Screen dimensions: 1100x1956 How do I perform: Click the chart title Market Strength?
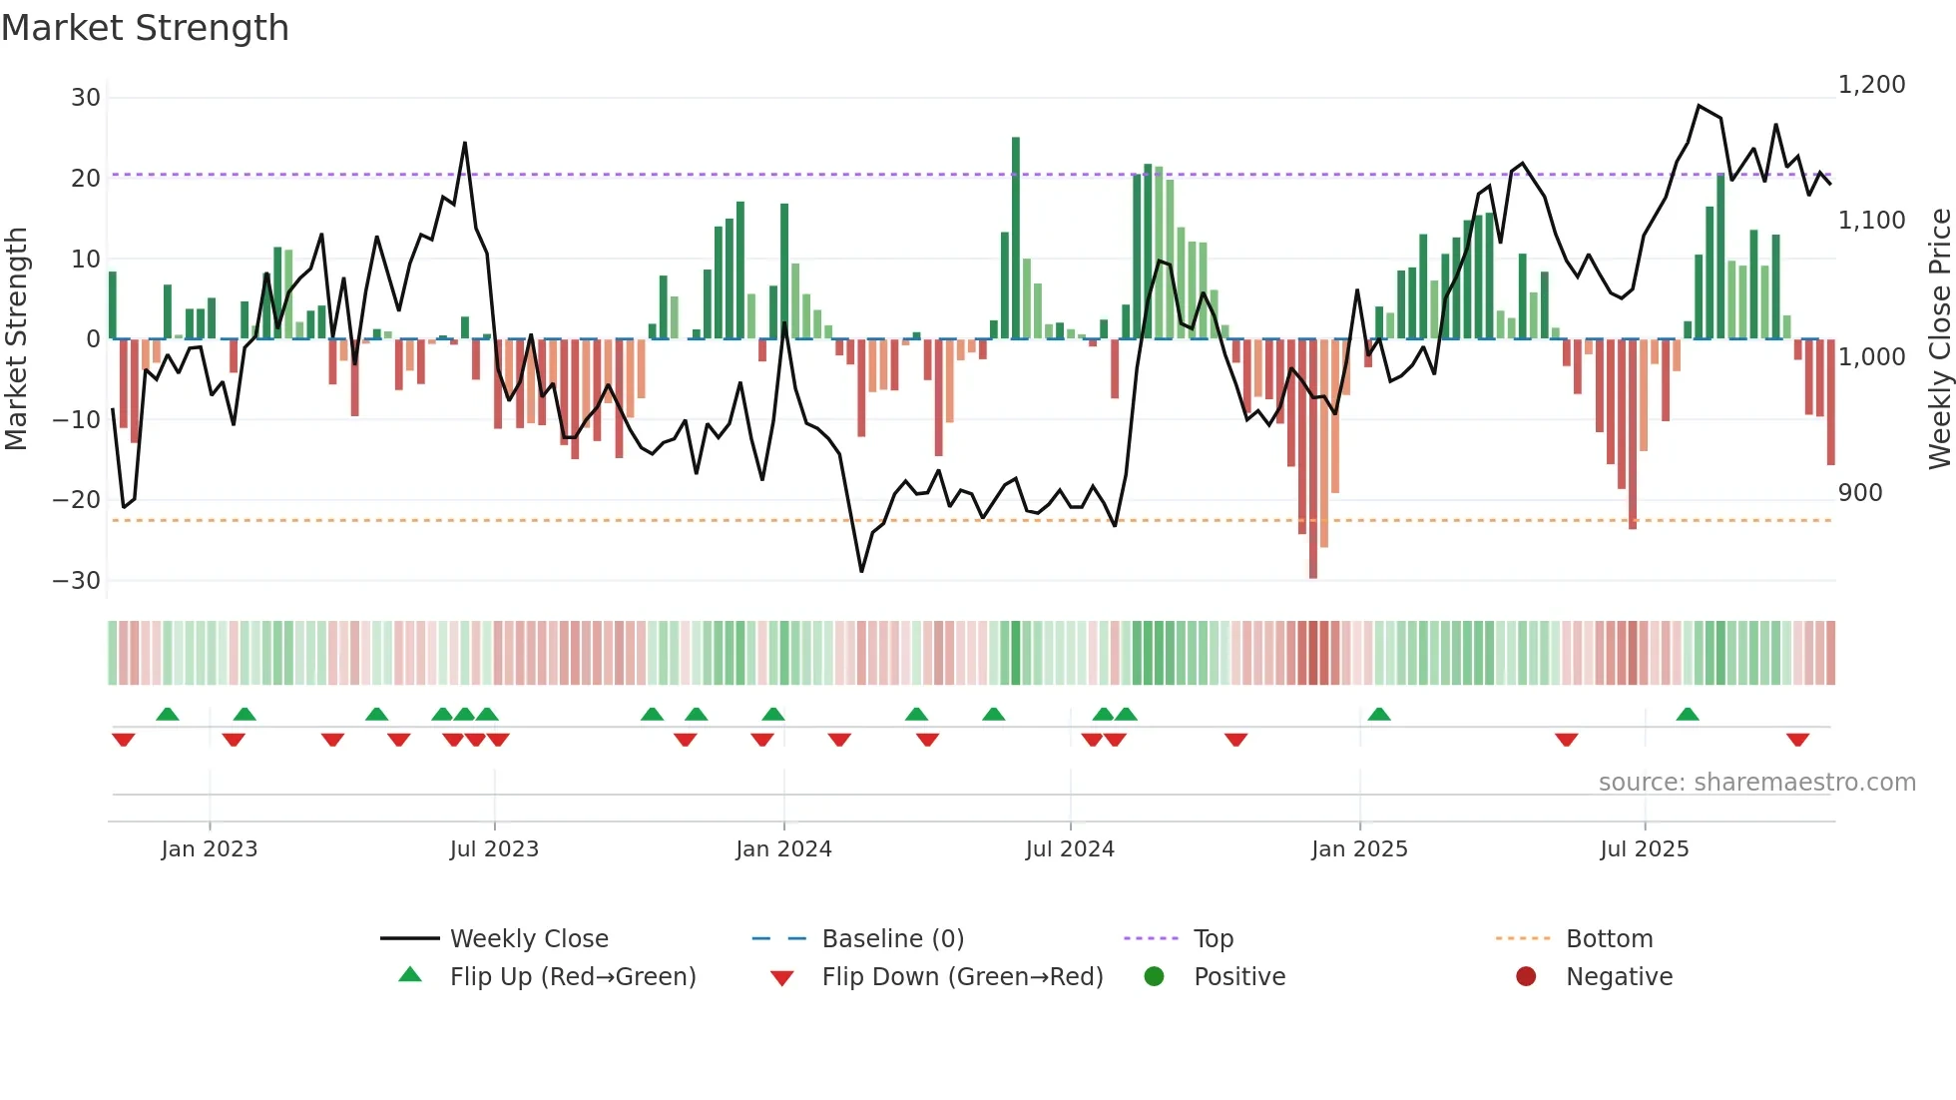[x=145, y=28]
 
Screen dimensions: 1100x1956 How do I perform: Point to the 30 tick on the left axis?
[x=86, y=98]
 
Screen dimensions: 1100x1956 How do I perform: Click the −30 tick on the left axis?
[x=77, y=581]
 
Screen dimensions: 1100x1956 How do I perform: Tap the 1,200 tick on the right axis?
[x=1871, y=85]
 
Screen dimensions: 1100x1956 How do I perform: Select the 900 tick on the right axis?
[x=1859, y=493]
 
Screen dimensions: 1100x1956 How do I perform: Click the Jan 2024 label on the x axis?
[x=783, y=849]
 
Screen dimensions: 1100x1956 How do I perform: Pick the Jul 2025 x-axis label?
[x=1644, y=849]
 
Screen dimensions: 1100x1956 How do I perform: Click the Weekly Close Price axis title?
[x=1939, y=339]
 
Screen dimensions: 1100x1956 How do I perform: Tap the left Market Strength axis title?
[x=16, y=339]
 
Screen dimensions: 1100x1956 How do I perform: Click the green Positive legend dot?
[x=1154, y=977]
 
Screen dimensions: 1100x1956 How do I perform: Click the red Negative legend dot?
[x=1526, y=977]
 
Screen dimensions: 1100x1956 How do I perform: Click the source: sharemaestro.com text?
[x=1756, y=783]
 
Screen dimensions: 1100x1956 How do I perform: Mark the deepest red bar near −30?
[x=1313, y=459]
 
